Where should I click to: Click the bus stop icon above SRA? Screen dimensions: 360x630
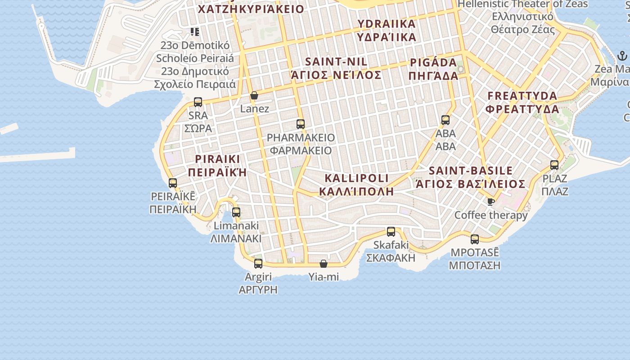[x=198, y=102]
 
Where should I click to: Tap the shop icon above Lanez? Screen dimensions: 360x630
[x=254, y=95]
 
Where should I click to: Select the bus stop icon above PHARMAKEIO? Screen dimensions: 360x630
[x=301, y=124]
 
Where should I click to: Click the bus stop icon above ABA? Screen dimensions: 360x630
[x=445, y=120]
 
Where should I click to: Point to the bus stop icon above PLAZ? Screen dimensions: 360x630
[x=554, y=165]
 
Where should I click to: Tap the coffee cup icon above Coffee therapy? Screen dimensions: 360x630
[x=490, y=201]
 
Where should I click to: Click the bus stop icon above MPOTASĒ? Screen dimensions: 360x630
[x=475, y=239]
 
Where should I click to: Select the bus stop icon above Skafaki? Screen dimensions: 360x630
[x=391, y=232]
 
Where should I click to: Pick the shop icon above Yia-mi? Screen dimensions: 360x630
[x=324, y=264]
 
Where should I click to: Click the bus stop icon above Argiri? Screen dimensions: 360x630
[x=258, y=264]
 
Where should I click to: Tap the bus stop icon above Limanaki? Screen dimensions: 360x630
[x=236, y=212]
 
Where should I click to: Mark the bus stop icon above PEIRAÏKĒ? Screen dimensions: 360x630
[x=173, y=183]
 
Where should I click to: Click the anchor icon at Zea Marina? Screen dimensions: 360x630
[x=622, y=56]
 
